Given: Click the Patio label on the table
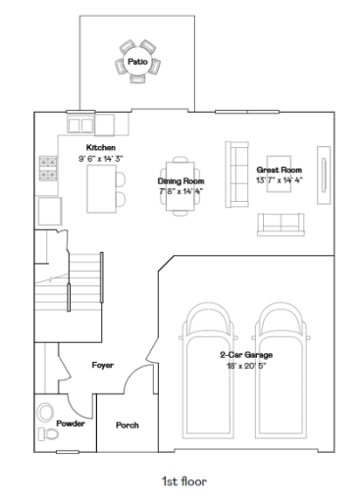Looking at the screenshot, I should pos(138,62).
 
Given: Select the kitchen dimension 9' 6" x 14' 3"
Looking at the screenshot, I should pos(102,157).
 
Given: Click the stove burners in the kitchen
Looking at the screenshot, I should pos(46,168).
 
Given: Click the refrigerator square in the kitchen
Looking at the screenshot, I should pos(47,210).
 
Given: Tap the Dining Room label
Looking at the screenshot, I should pos(180,180).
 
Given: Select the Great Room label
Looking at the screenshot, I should pos(279,170).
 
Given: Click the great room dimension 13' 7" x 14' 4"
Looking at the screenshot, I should pos(279,179).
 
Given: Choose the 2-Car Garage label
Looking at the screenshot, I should pos(245,354).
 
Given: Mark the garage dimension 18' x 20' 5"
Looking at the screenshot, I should pos(245,365).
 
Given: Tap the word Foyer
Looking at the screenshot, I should pos(103,365).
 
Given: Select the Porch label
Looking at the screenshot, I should pos(127,425).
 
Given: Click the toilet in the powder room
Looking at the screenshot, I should pos(47,433).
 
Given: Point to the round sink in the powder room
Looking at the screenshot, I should pos(45,411).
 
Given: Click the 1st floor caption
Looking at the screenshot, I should pos(183,481).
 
